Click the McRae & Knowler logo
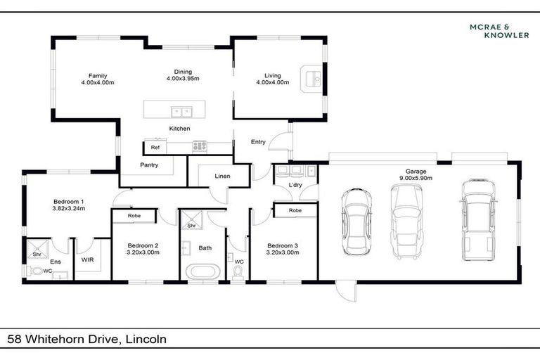tap(499, 30)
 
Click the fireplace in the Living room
tap(310, 79)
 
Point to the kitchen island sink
tap(181, 110)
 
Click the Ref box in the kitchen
tap(155, 148)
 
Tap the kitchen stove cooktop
tap(200, 147)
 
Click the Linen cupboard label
tap(222, 176)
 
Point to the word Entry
tap(258, 142)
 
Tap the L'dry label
tap(296, 184)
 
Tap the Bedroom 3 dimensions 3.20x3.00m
tap(282, 252)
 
